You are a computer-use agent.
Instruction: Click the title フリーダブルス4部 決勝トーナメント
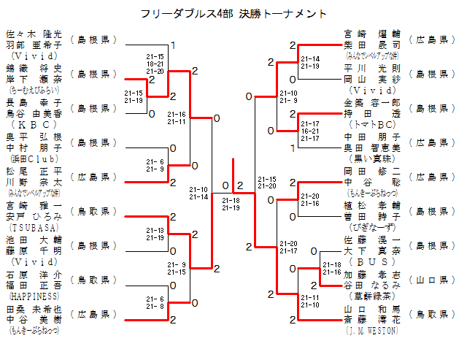(233, 14)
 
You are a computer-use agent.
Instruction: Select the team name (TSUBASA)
(34, 227)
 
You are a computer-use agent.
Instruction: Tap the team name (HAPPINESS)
(34, 297)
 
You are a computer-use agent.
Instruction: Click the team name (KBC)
(34, 123)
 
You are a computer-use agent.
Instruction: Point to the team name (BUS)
(371, 261)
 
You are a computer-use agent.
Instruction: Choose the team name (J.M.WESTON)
(371, 330)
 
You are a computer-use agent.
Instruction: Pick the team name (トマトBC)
(371, 124)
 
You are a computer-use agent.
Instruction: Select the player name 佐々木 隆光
(34, 34)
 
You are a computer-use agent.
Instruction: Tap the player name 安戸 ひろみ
(34, 217)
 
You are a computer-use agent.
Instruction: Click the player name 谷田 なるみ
(371, 285)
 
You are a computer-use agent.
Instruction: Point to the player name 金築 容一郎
(371, 104)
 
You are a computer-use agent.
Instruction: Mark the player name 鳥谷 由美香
(34, 113)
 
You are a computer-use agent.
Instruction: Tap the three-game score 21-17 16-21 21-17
(309, 131)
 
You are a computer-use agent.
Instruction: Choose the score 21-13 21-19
(155, 234)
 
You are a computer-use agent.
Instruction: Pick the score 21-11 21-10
(309, 301)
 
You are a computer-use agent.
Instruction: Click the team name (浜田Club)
(34, 158)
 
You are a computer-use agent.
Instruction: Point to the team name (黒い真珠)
(371, 158)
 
